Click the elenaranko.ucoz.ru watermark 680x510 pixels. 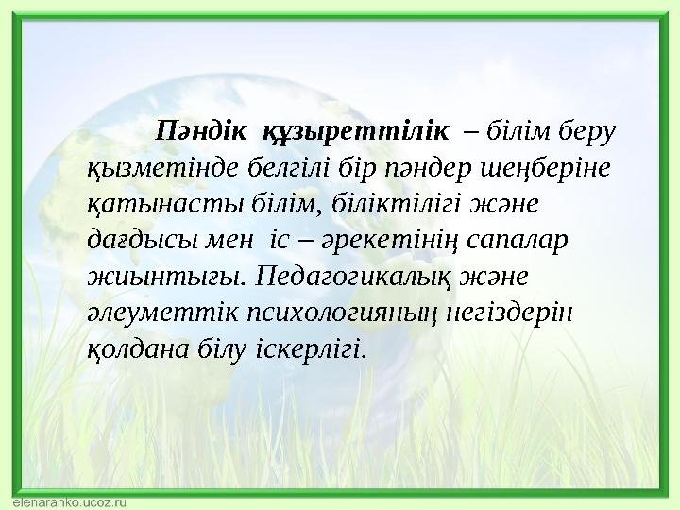tap(70, 502)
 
